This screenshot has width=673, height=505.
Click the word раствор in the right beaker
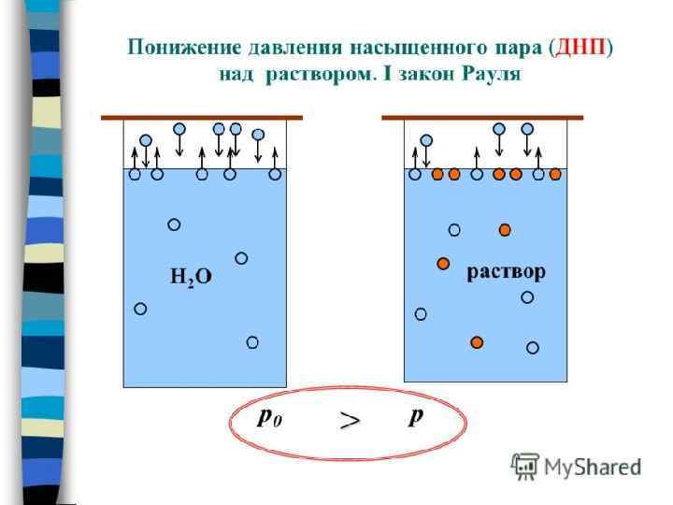pyautogui.click(x=506, y=271)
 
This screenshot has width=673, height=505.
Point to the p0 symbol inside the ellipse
pyautogui.click(x=270, y=418)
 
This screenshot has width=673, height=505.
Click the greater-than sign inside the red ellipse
pyautogui.click(x=349, y=421)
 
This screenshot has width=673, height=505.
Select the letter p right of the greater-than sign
pyautogui.click(x=415, y=418)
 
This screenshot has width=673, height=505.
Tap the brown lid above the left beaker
pyautogui.click(x=202, y=118)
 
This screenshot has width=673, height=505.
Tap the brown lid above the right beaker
pyautogui.click(x=482, y=118)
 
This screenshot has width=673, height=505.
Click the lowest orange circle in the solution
pyautogui.click(x=477, y=342)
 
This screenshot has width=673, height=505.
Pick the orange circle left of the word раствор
pyautogui.click(x=443, y=264)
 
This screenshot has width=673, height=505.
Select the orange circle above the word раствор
pyautogui.click(x=505, y=229)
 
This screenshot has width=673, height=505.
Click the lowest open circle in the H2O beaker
pyautogui.click(x=252, y=342)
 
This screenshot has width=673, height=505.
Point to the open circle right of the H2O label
pyautogui.click(x=241, y=258)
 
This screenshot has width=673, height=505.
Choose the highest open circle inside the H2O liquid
pyautogui.click(x=173, y=224)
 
